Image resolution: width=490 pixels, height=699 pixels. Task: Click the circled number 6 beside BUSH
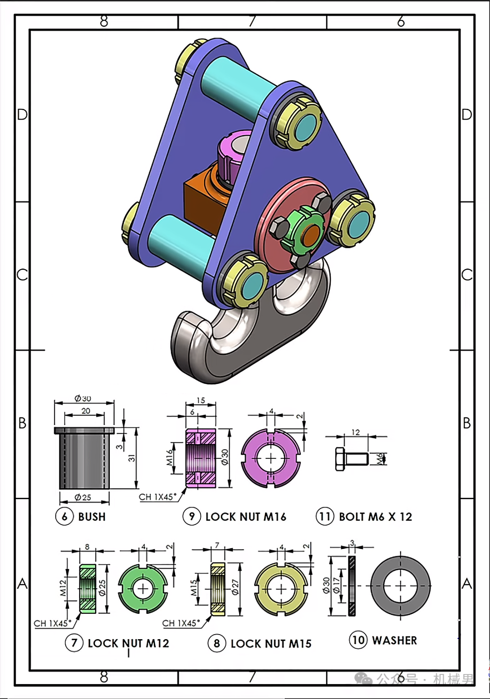(x=64, y=516)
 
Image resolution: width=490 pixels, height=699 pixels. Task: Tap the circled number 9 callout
(x=192, y=516)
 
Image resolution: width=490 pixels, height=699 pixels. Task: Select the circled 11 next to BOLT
(x=325, y=516)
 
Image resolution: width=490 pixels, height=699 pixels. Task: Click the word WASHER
(x=394, y=641)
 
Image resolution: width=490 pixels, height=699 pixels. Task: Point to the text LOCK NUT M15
(x=271, y=643)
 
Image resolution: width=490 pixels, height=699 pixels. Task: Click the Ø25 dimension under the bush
(x=83, y=497)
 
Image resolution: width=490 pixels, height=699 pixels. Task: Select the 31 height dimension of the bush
(x=132, y=458)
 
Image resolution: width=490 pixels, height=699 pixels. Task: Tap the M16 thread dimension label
(x=169, y=457)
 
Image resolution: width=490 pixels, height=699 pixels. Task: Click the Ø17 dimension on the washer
(x=336, y=585)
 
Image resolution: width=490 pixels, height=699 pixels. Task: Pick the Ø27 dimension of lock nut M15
(x=235, y=587)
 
